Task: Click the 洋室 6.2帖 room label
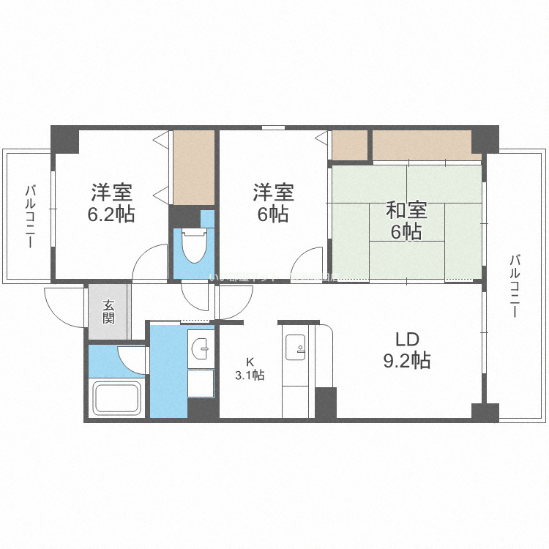coord(112,203)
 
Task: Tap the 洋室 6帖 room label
coord(273,203)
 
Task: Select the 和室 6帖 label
coord(404,221)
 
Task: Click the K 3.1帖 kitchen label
coord(250,368)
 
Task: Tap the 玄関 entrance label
coord(108,312)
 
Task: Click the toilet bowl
coord(194,246)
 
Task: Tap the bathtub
coord(116,399)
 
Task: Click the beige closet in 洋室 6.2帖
coord(194,168)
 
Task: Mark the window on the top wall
coord(273,128)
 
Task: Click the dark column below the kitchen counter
coord(325,403)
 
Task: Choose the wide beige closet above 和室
coord(427,145)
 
